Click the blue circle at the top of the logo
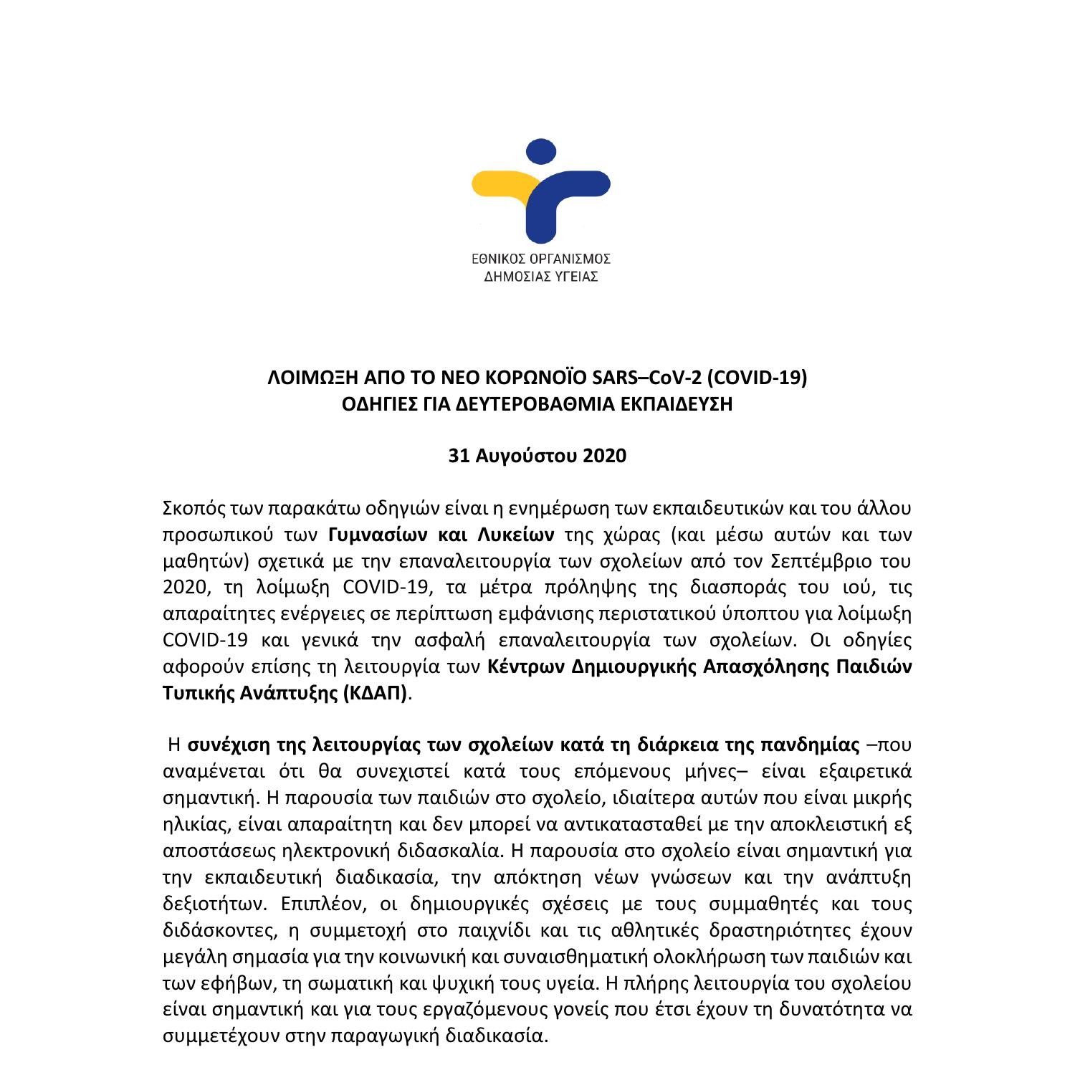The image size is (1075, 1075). (541, 153)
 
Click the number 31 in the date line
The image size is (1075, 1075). (459, 456)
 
